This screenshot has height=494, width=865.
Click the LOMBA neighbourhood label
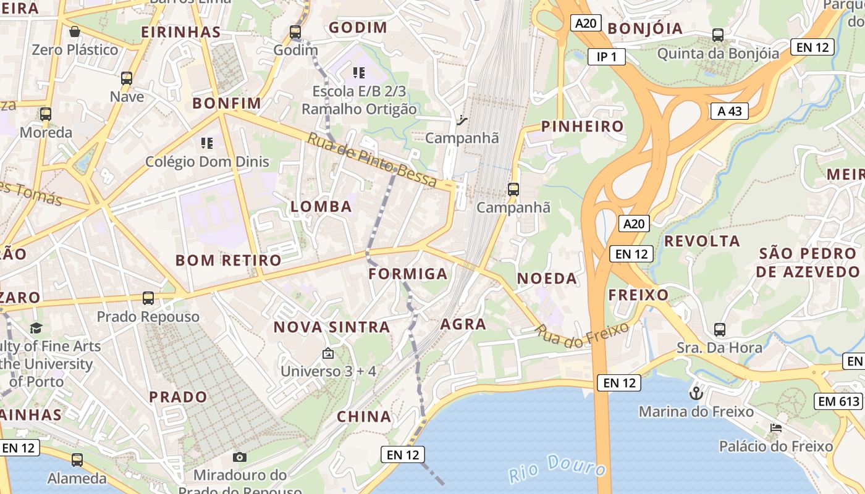pyautogui.click(x=321, y=206)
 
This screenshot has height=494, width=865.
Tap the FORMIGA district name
pyautogui.click(x=408, y=274)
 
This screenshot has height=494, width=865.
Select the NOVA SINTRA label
pyautogui.click(x=332, y=327)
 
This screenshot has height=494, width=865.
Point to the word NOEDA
pyautogui.click(x=547, y=278)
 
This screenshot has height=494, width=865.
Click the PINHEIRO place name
pyautogui.click(x=583, y=127)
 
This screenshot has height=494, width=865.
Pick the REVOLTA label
pyautogui.click(x=702, y=241)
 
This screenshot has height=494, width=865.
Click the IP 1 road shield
pyautogui.click(x=607, y=57)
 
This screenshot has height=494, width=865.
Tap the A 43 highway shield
pyautogui.click(x=730, y=111)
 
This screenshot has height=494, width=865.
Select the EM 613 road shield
pyautogui.click(x=838, y=401)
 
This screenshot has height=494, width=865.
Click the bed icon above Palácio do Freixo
pyautogui.click(x=776, y=427)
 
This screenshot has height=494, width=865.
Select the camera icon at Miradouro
pyautogui.click(x=240, y=457)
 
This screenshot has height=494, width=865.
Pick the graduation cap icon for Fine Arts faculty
pyautogui.click(x=36, y=328)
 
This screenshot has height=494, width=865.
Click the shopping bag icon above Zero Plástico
pyautogui.click(x=75, y=31)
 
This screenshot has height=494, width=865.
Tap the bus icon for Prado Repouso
pyautogui.click(x=148, y=298)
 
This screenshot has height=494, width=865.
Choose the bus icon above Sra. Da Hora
pyautogui.click(x=720, y=329)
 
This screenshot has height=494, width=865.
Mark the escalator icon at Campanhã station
pyautogui.click(x=462, y=120)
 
